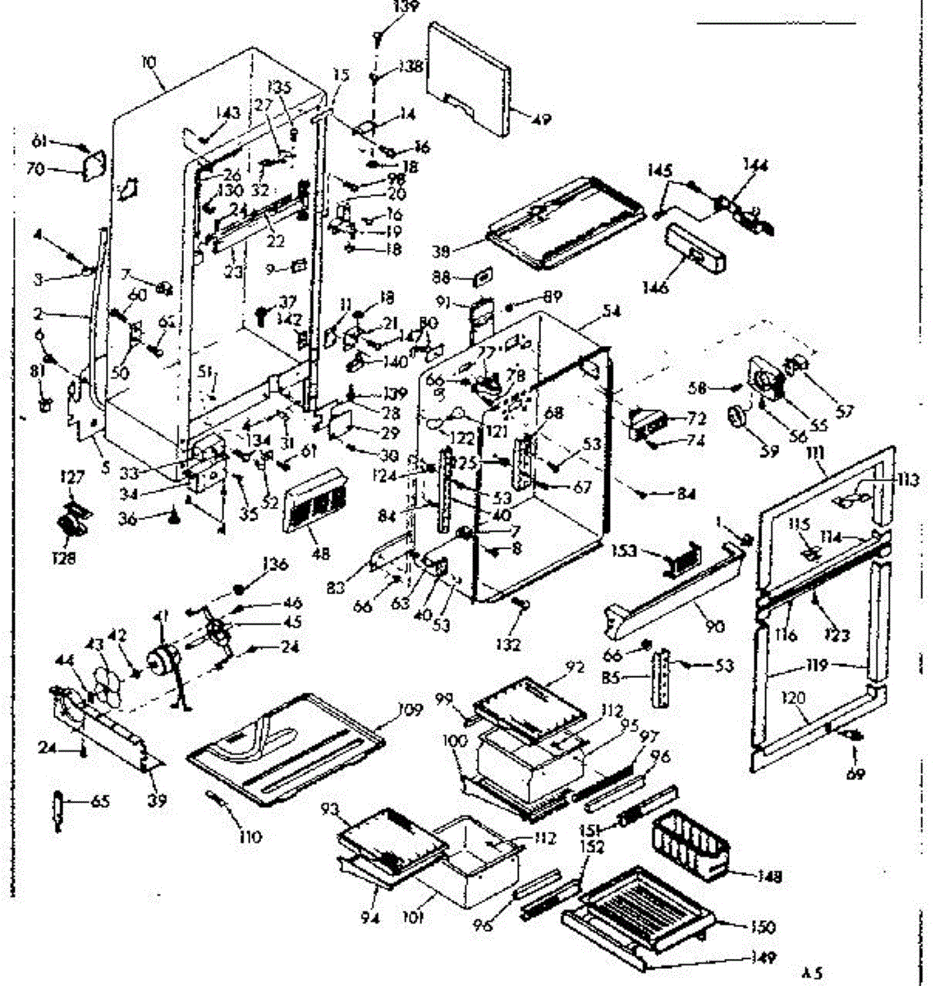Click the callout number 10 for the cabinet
pyautogui.click(x=148, y=60)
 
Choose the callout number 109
pyautogui.click(x=410, y=708)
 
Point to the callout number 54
pyautogui.click(x=611, y=311)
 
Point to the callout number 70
pyautogui.click(x=57, y=171)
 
